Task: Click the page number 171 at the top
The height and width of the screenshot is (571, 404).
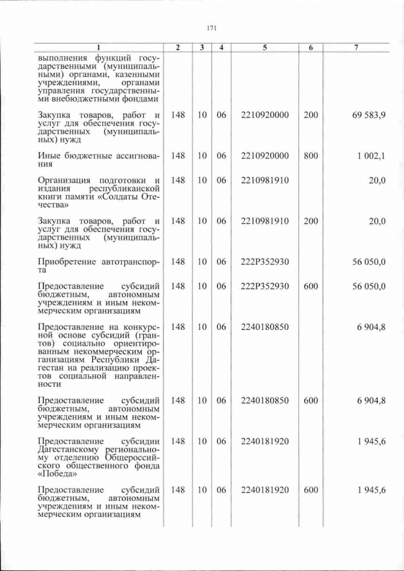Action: point(211,28)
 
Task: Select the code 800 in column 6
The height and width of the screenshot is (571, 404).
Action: point(311,156)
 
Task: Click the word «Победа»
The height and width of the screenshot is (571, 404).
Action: point(58,474)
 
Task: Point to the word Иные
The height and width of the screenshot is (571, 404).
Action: point(49,156)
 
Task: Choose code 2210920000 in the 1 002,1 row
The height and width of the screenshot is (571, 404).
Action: point(264,156)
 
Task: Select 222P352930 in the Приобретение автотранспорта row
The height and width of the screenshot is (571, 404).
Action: point(264,261)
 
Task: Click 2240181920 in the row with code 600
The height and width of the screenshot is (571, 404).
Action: point(264,490)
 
